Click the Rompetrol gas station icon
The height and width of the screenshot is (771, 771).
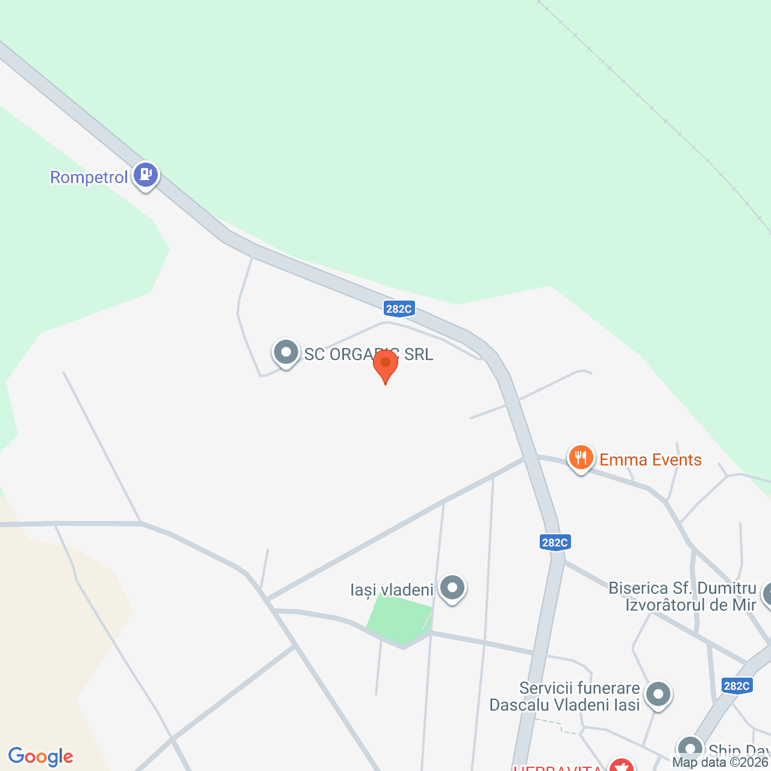145,175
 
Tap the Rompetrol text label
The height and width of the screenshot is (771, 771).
89,178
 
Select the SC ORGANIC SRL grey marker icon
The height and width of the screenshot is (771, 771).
286,352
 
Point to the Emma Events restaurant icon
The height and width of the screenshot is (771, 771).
581,458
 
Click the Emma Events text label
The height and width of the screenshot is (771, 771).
651,460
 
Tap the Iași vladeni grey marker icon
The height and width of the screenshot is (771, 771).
452,587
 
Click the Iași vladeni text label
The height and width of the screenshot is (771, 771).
392,590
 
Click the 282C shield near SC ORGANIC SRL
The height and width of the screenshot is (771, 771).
399,309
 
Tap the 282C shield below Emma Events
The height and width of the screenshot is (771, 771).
554,542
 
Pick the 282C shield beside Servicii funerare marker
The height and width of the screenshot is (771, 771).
737,685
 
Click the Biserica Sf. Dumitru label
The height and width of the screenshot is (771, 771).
682,596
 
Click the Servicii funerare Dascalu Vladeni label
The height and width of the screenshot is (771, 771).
564,696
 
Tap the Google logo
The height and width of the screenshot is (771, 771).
41,757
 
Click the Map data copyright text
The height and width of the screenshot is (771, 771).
720,763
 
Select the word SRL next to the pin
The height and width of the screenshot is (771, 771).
419,355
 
